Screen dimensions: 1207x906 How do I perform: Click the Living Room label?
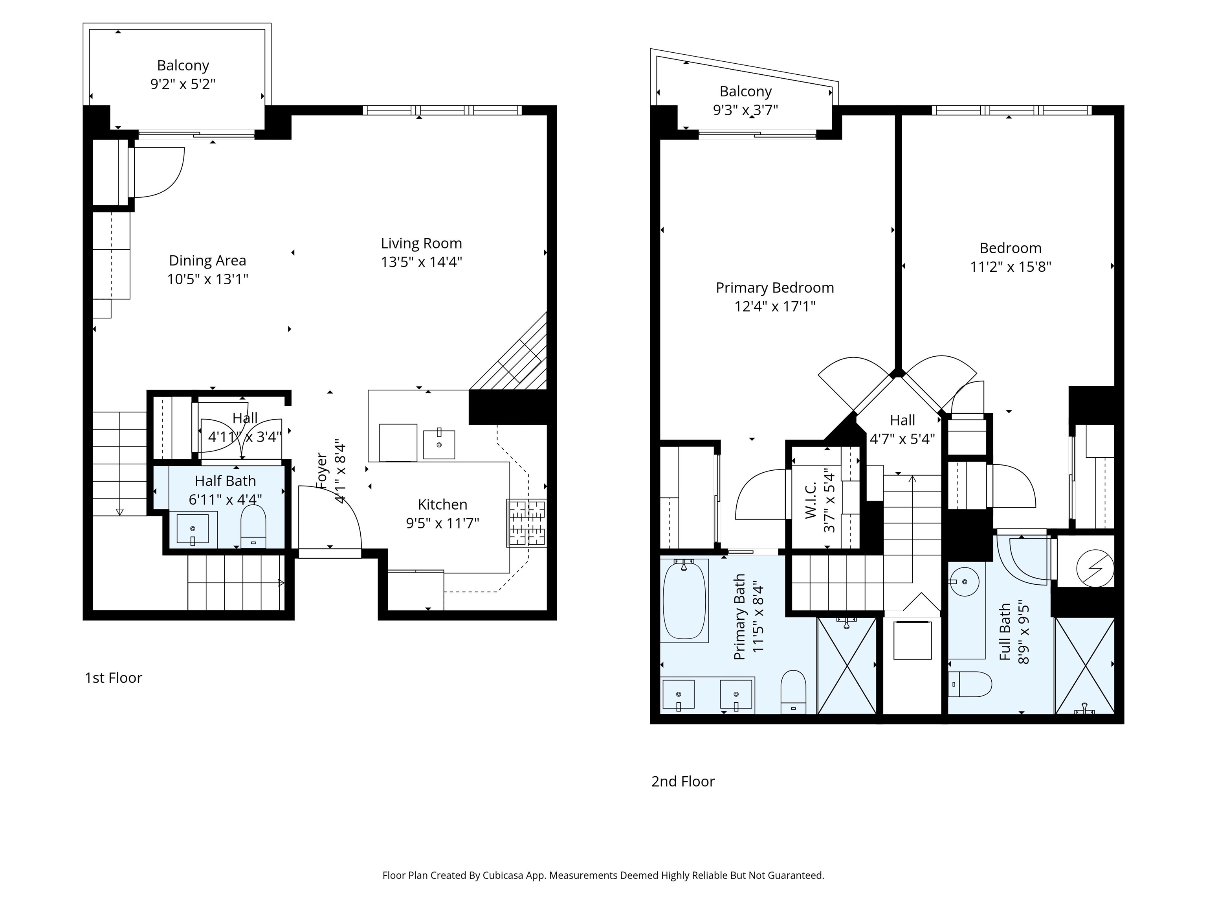pos(421,243)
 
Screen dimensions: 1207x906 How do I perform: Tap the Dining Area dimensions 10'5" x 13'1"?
pos(207,279)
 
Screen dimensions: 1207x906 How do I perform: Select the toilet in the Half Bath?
pos(253,526)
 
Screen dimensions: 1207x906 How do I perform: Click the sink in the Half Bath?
pos(193,528)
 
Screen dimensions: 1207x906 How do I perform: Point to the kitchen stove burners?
pos(526,523)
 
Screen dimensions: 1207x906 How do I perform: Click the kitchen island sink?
pos(439,444)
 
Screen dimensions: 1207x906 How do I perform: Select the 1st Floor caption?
pos(114,678)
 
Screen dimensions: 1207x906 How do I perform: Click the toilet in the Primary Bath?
pos(793,692)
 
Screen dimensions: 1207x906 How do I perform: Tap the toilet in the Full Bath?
pos(970,684)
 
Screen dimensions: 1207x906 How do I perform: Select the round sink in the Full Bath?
pos(964,582)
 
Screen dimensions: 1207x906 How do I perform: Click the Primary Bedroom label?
pos(775,287)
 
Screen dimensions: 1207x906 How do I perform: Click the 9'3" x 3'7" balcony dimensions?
pos(745,110)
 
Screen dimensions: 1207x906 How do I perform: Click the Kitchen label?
pos(442,504)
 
